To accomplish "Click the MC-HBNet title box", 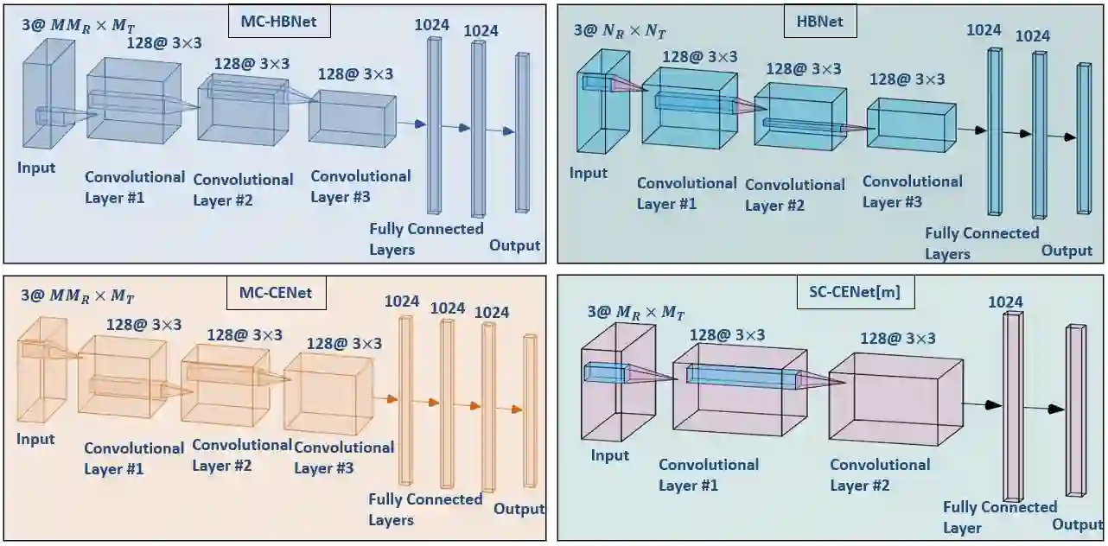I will pyautogui.click(x=279, y=23).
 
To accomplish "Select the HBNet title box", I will pyautogui.click(x=819, y=23).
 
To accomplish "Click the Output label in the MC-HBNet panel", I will pyautogui.click(x=514, y=245).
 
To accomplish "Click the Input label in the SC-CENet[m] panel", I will pyautogui.click(x=609, y=454).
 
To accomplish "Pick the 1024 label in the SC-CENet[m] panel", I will pyautogui.click(x=1006, y=302).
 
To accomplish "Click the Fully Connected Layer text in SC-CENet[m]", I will pyautogui.click(x=999, y=517).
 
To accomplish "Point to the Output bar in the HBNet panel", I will pyautogui.click(x=1083, y=138).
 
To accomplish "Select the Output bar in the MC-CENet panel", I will pyautogui.click(x=529, y=409).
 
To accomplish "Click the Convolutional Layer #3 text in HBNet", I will pyautogui.click(x=912, y=192).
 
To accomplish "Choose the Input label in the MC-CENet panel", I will pyautogui.click(x=35, y=439).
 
